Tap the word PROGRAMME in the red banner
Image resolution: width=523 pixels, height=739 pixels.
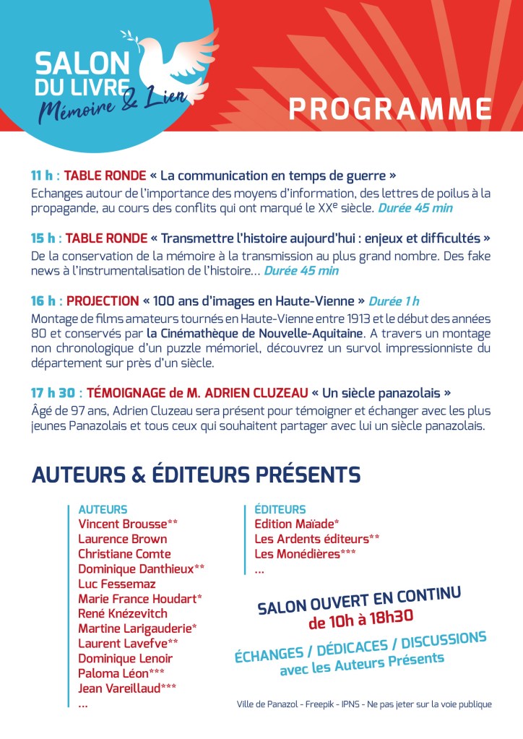click(390, 108)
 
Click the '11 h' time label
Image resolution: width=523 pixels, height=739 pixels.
click(43, 176)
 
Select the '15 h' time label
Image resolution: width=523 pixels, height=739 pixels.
click(43, 238)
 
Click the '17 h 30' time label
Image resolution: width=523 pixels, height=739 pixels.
click(53, 393)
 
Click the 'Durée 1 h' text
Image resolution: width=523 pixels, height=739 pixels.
click(394, 301)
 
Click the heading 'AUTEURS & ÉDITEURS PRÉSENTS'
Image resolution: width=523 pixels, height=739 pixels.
click(196, 475)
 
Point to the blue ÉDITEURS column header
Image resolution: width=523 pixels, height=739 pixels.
click(280, 509)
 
